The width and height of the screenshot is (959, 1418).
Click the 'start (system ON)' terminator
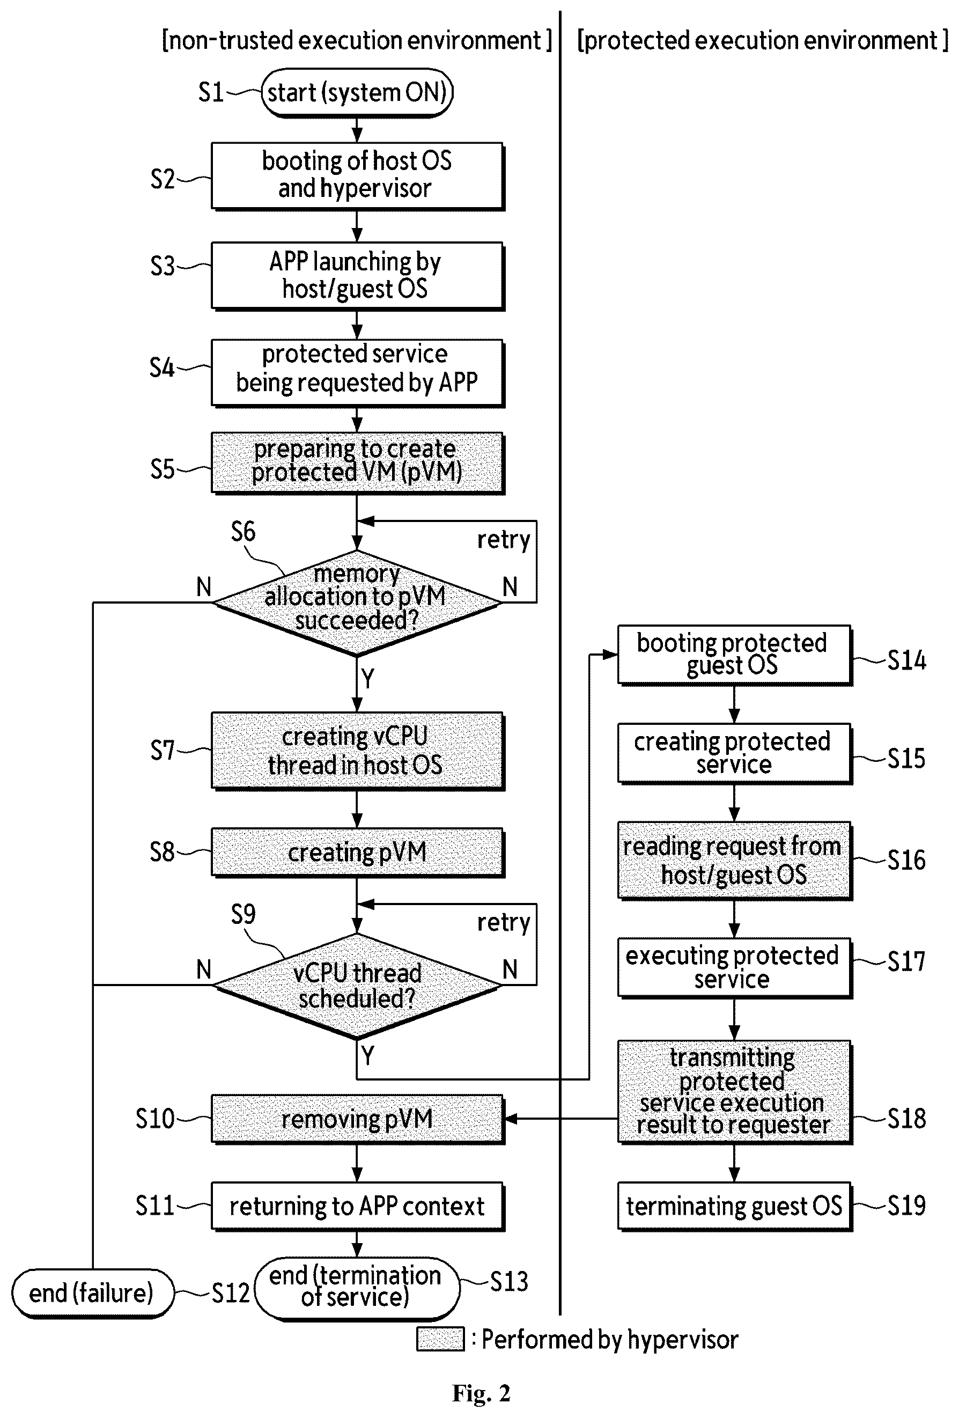357,93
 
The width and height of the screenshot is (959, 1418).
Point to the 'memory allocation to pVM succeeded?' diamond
357,603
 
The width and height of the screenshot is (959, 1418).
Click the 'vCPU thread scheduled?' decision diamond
357,986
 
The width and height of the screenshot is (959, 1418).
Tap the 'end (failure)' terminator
92,1293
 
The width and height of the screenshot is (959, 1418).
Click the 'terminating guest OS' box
734,1206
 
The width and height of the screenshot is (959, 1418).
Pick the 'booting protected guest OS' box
734,655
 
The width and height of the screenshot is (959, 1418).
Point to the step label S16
906,859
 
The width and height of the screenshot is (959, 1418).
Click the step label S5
163,469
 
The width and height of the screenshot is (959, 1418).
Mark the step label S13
509,1281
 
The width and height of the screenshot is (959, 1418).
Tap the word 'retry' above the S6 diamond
503,540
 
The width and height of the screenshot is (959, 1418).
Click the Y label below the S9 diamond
367,1055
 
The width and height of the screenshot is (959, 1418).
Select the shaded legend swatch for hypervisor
440,1339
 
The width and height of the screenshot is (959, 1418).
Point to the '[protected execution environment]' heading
763,40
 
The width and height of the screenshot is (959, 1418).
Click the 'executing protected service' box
734,968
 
